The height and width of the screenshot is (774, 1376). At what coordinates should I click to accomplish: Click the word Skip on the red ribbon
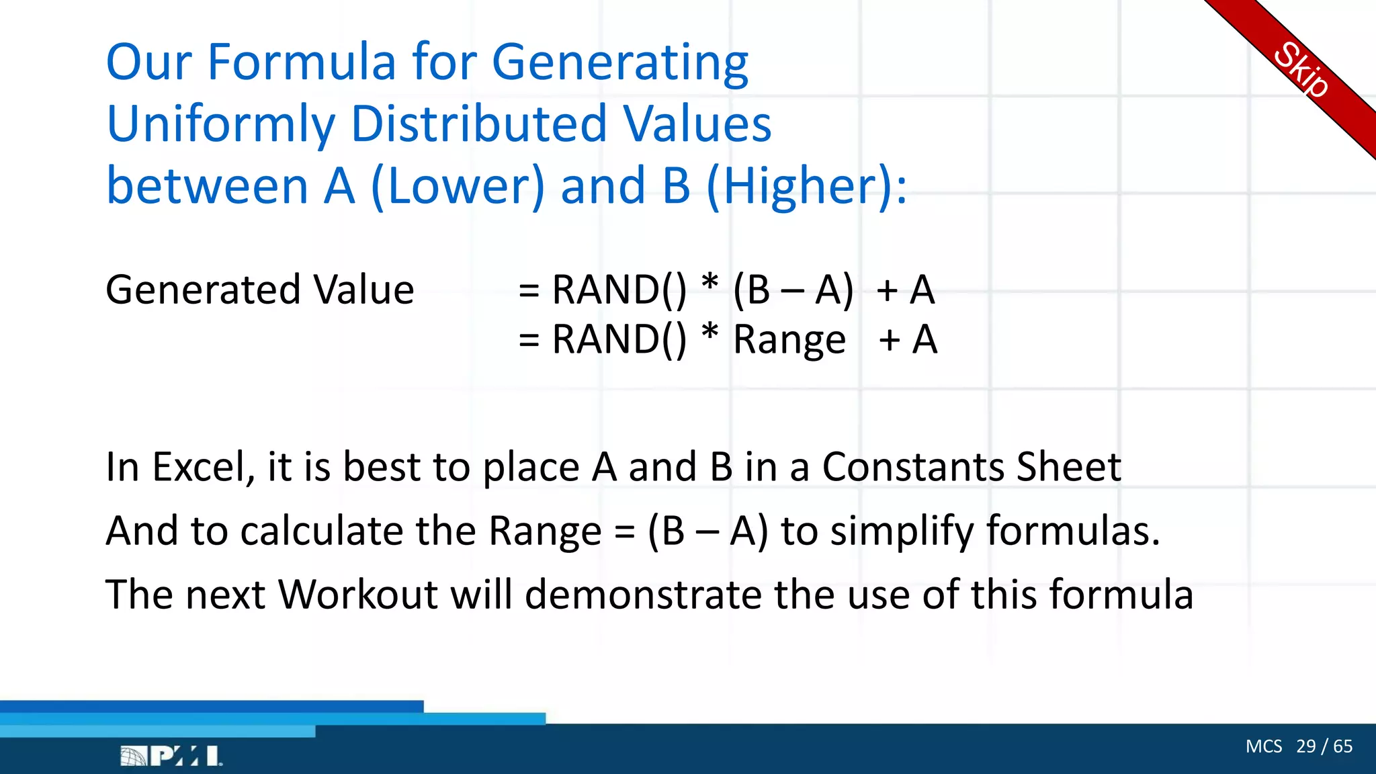click(x=1300, y=70)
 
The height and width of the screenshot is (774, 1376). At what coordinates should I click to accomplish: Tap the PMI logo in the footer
click(x=171, y=756)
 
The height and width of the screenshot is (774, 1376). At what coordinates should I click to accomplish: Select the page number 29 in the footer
click(x=1305, y=746)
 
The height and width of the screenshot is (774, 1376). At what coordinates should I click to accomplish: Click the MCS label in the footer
click(x=1263, y=746)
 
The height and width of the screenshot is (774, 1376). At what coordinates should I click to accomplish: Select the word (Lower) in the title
click(x=458, y=186)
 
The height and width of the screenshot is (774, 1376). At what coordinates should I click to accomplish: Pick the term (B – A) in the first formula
click(x=793, y=290)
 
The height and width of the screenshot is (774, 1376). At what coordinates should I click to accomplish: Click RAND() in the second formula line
click(x=619, y=339)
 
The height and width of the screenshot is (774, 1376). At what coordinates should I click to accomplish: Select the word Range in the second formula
click(x=789, y=340)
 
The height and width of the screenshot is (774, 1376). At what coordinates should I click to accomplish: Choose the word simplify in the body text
click(x=902, y=531)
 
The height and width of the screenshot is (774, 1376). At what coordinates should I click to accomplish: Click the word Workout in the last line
click(x=358, y=595)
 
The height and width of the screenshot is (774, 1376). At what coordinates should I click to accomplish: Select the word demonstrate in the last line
click(x=643, y=595)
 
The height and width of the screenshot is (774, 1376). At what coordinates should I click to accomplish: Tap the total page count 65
click(x=1343, y=746)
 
